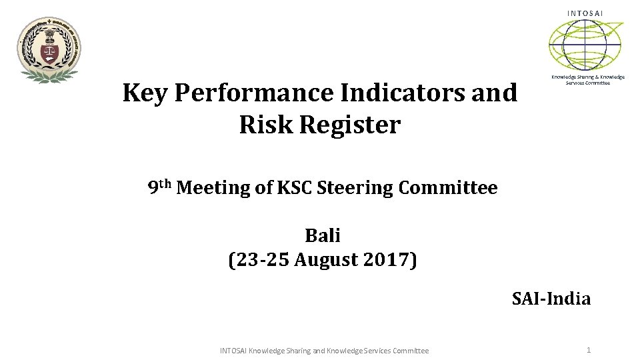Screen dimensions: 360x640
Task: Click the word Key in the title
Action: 145,93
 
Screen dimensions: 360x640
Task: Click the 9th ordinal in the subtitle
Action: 159,187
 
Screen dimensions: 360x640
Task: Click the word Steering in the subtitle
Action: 355,188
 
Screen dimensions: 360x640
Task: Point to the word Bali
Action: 323,235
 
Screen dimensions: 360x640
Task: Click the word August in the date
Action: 327,259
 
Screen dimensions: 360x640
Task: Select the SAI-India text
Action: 551,298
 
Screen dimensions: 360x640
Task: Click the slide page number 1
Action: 589,350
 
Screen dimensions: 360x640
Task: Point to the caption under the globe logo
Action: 587,79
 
